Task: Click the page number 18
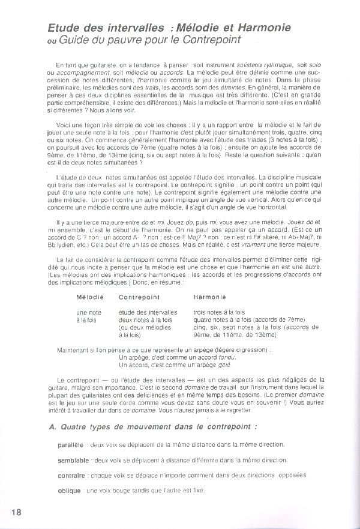pos(16,512)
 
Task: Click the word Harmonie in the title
pos(262,28)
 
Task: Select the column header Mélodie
pos(90,297)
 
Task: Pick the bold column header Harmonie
pos(209,297)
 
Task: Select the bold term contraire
pos(71,476)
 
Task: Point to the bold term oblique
pos(70,491)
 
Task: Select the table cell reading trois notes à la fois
pos(219,313)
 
